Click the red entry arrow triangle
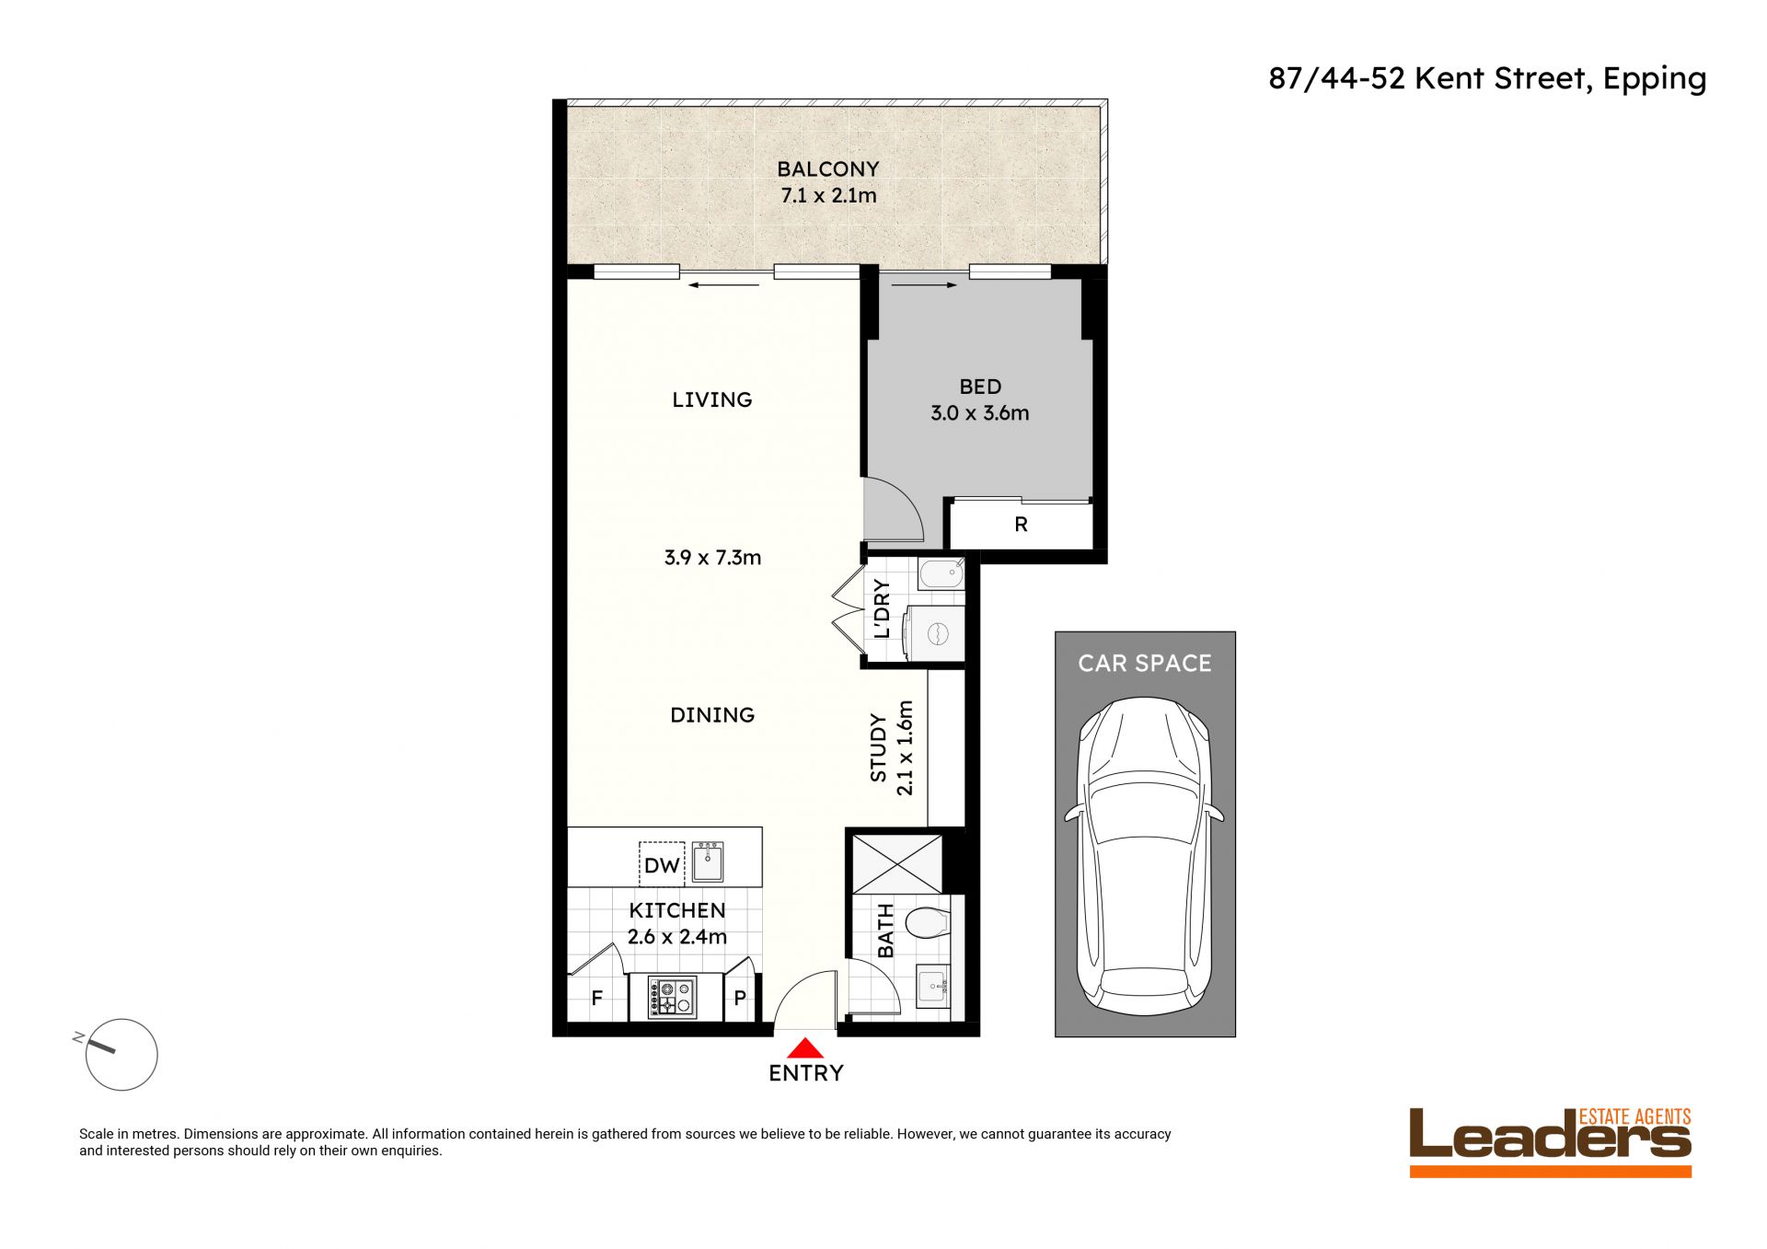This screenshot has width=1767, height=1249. click(x=805, y=1047)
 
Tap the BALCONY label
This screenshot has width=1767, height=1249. click(x=828, y=169)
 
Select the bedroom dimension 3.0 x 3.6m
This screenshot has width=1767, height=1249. click(x=979, y=413)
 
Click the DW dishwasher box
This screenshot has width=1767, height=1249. click(x=662, y=864)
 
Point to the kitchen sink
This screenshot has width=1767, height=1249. click(x=708, y=862)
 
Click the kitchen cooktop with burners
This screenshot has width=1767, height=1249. click(x=672, y=998)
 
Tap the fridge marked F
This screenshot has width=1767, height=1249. click(x=597, y=998)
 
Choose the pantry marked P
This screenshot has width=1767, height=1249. click(x=740, y=998)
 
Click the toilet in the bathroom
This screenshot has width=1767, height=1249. click(x=927, y=921)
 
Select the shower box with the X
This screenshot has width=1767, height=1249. click(x=897, y=863)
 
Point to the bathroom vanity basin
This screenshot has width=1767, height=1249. click(x=933, y=986)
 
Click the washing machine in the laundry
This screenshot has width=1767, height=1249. click(x=934, y=633)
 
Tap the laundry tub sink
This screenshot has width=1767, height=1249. click(x=941, y=574)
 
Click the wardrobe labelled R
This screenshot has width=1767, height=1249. click(x=1021, y=525)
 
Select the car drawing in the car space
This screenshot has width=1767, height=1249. click(x=1145, y=856)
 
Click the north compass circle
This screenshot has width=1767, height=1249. click(x=121, y=1055)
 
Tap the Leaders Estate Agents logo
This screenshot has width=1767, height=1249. click(x=1551, y=1141)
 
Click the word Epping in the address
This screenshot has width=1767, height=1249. click(x=1655, y=80)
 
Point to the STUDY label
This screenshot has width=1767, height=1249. click(x=879, y=747)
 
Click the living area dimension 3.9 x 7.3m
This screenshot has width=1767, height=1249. click(x=712, y=558)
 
